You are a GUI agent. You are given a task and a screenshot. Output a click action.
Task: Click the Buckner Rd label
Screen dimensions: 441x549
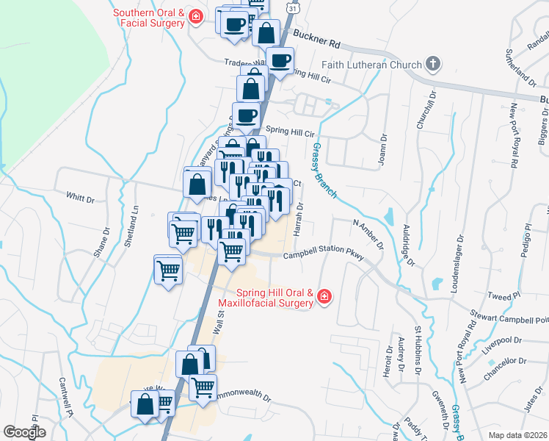point(317,35)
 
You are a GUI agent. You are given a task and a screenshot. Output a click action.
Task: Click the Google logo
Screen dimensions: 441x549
point(24,432)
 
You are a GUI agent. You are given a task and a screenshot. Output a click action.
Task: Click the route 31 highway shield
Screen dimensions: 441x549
point(294,7)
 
